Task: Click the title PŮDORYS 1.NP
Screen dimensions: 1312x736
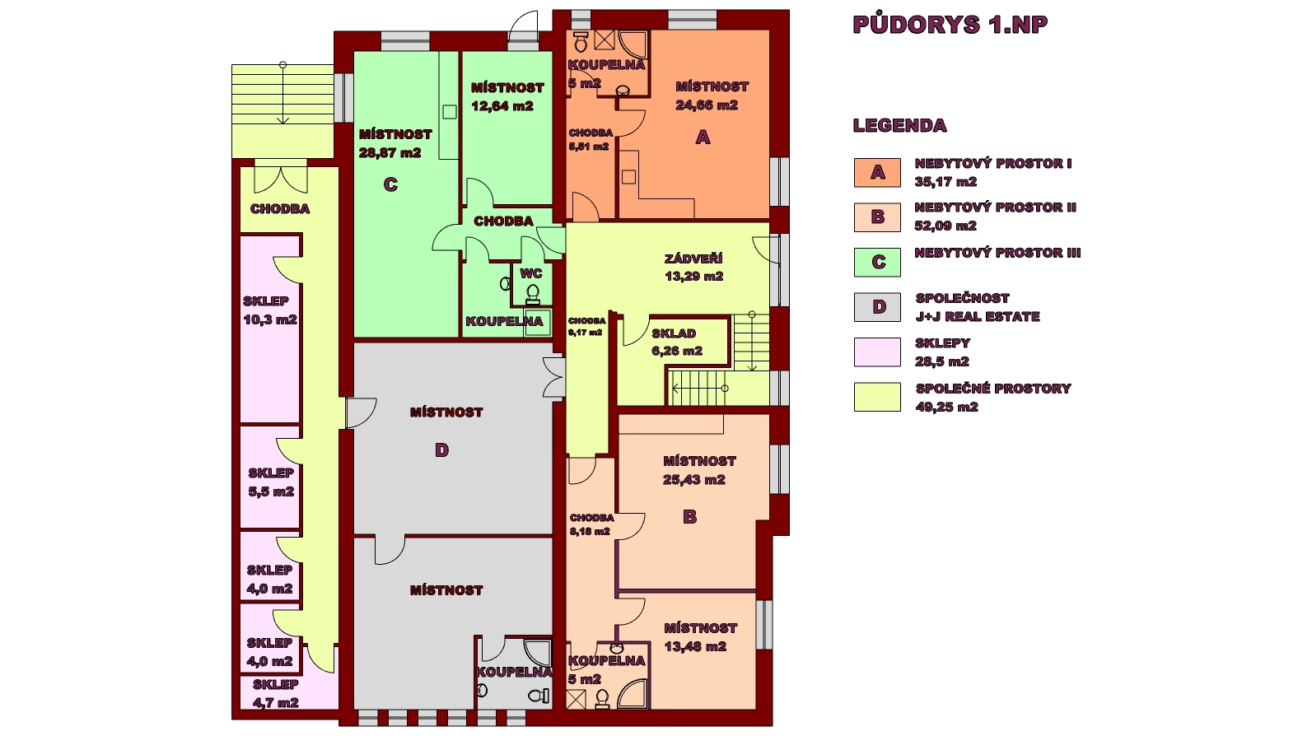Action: (x=950, y=26)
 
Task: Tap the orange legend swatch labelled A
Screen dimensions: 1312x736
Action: (x=877, y=172)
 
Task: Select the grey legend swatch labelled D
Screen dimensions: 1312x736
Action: (x=877, y=307)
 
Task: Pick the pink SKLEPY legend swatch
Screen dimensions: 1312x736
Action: (x=877, y=352)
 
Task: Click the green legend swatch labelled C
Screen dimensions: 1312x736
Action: (x=877, y=263)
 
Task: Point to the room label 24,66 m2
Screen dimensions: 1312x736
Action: (x=707, y=105)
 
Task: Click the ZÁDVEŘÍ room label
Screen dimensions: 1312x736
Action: (x=693, y=259)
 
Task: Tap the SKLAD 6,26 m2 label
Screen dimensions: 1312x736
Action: (x=676, y=342)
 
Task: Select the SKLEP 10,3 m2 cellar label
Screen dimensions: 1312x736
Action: (x=269, y=310)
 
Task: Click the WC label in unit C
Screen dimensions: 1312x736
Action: (x=531, y=273)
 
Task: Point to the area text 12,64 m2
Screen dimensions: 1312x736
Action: (x=502, y=106)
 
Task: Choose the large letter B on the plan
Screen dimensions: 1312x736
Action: (x=690, y=517)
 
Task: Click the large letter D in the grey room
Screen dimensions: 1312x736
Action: (x=441, y=450)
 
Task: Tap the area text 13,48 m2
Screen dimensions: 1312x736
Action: (x=696, y=647)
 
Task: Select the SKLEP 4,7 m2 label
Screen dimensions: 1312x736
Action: (x=276, y=693)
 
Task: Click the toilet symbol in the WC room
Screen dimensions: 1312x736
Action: (x=532, y=295)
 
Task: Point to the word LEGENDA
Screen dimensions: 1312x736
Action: (x=899, y=125)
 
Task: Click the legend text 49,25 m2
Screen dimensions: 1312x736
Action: (x=946, y=407)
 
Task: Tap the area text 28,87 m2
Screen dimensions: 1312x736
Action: (x=390, y=153)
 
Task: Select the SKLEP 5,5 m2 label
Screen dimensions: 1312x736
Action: (x=271, y=482)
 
